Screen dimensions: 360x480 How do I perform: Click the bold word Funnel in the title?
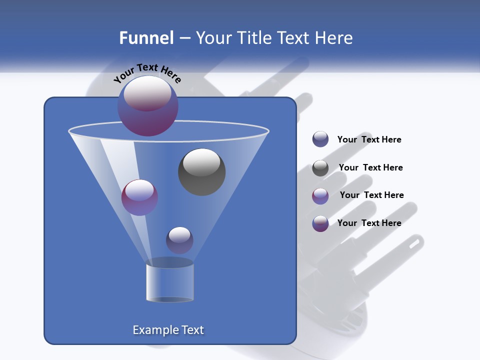(x=146, y=38)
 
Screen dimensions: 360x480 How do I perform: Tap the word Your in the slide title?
(x=212, y=38)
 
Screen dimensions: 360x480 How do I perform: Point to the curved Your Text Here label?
(x=147, y=73)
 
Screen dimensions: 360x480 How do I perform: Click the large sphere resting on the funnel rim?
(x=147, y=105)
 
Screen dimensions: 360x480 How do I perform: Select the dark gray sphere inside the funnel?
(x=201, y=172)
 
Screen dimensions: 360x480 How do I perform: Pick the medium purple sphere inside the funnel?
(x=139, y=197)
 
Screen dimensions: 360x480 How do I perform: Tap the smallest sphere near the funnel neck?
(x=179, y=240)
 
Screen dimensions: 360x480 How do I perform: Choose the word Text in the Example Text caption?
(x=191, y=330)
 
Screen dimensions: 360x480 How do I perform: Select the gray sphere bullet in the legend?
(x=320, y=168)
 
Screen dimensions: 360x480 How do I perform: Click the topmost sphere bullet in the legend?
(x=320, y=139)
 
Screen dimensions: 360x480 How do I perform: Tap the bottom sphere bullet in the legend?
(x=320, y=223)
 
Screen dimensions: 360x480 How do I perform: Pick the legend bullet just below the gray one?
(x=320, y=196)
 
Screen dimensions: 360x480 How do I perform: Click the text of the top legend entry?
(x=369, y=140)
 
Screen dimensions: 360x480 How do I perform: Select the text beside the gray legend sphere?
(x=370, y=168)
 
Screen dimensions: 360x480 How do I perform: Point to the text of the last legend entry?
(x=369, y=223)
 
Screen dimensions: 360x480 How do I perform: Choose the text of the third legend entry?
(x=371, y=195)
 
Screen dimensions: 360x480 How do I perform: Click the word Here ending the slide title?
(x=333, y=38)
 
